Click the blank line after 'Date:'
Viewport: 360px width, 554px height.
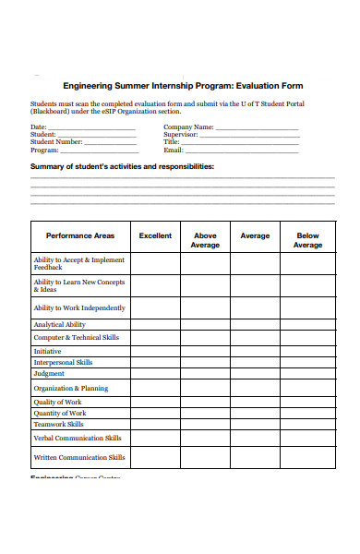pyautogui.click(x=91, y=128)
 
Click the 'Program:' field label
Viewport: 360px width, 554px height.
pyautogui.click(x=45, y=150)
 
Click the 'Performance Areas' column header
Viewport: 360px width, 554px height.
pyautogui.click(x=80, y=236)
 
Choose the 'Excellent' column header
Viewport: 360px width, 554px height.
pyautogui.click(x=155, y=236)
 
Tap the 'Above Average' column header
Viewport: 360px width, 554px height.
pyautogui.click(x=205, y=241)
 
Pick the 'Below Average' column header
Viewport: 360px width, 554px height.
pyautogui.click(x=307, y=241)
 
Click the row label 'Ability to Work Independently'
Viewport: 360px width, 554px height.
pyautogui.click(x=79, y=308)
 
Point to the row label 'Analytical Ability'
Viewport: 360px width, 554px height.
pyautogui.click(x=60, y=325)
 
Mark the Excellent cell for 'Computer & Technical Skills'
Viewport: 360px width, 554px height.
pyautogui.click(x=155, y=338)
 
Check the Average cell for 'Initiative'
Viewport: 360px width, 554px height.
pyautogui.click(x=255, y=352)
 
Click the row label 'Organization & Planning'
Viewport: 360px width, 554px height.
pyautogui.click(x=71, y=389)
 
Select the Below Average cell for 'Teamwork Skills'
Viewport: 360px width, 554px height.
pyautogui.click(x=307, y=425)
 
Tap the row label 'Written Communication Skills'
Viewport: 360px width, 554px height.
pyautogui.click(x=79, y=457)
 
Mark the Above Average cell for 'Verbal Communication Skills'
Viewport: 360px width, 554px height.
pyautogui.click(x=205, y=439)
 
